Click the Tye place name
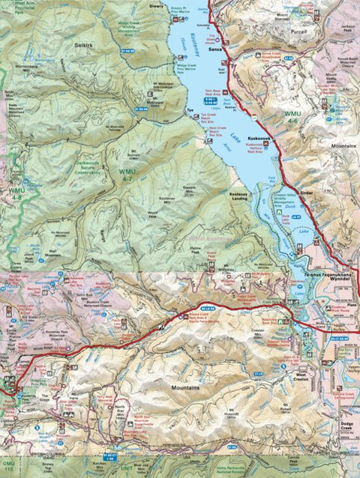pos(190,108)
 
